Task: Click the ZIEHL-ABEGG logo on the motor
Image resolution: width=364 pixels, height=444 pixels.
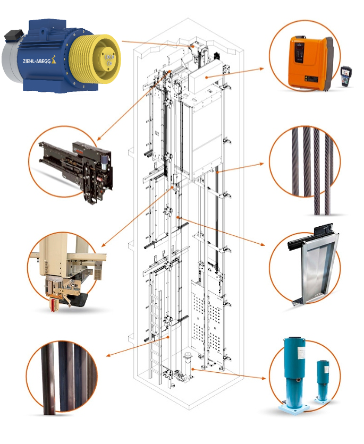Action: (37, 61)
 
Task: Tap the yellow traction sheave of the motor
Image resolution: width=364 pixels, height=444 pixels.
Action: (95, 59)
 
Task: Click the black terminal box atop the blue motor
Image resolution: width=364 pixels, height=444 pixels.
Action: (14, 35)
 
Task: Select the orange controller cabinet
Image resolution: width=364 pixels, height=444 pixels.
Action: (311, 62)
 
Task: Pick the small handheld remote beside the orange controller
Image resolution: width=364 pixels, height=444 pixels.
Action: (346, 76)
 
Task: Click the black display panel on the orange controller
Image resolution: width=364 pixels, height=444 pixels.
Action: (299, 53)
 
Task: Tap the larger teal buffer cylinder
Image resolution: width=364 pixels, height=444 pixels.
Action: (294, 374)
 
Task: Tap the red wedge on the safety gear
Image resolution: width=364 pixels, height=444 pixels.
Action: (53, 304)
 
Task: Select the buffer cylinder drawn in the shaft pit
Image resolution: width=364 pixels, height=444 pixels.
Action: (188, 365)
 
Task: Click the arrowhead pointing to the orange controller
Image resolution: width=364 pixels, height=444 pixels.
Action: (261, 69)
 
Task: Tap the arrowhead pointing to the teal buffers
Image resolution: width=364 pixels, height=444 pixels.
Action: (264, 378)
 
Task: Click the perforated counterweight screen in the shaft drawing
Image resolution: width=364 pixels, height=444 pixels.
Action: (207, 317)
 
